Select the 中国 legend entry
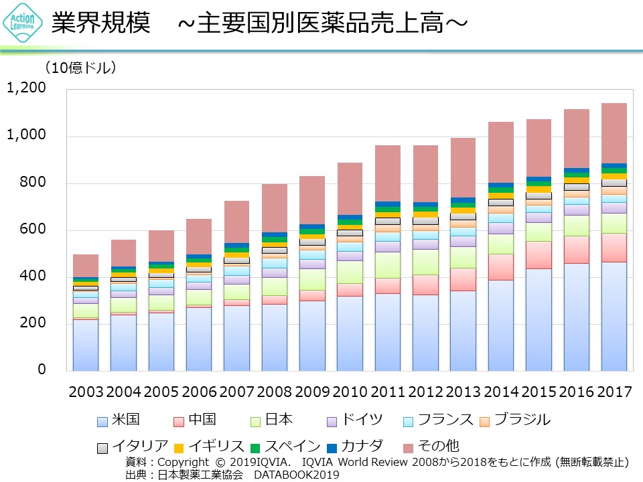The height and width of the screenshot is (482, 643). tap(195, 420)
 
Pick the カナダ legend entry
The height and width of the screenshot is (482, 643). tap(355, 446)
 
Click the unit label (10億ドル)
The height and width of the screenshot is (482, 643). tap(80, 68)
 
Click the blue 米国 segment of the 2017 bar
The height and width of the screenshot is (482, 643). tap(614, 316)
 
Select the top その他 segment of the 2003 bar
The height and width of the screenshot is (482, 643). tap(86, 266)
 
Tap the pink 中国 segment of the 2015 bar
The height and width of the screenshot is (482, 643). tap(539, 255)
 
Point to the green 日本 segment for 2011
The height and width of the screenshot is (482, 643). tap(388, 265)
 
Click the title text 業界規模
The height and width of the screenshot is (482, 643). tap(100, 24)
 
